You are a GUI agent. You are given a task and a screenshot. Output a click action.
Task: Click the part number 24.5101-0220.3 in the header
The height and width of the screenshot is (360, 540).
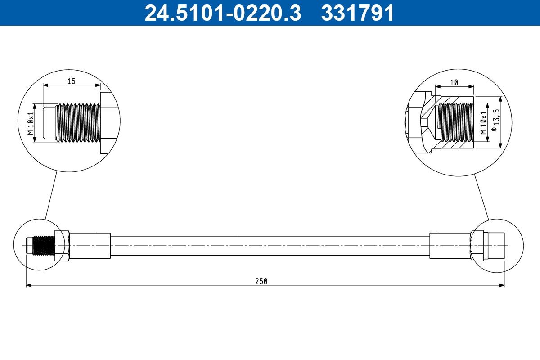point(222,13)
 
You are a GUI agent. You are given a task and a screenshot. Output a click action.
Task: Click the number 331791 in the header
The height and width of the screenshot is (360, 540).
point(357,13)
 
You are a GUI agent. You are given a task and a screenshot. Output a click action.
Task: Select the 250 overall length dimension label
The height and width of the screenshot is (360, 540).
point(261,281)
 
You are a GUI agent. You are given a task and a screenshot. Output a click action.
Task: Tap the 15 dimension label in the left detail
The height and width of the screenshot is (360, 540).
point(71,81)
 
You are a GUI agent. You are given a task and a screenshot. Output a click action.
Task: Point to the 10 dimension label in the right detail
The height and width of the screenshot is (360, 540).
point(454,82)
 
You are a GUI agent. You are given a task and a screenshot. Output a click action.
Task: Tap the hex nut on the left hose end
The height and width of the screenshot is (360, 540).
point(62,246)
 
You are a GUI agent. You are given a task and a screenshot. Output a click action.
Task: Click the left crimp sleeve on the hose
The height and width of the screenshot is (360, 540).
point(90,246)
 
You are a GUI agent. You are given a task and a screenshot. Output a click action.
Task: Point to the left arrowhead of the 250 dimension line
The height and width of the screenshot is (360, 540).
point(28,285)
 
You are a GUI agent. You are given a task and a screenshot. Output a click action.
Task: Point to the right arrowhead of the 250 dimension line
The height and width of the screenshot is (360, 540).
point(502,285)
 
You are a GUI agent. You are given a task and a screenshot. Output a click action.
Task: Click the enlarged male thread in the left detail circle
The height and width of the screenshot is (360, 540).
point(77,122)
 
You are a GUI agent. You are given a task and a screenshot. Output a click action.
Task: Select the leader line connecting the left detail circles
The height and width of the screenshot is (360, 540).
point(50,195)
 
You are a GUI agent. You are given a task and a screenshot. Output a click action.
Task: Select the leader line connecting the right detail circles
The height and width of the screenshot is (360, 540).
point(482,197)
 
